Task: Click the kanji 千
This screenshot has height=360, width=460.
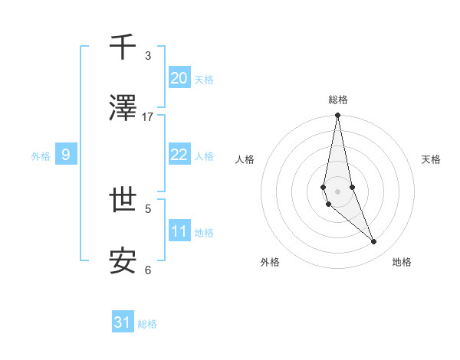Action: click(x=123, y=47)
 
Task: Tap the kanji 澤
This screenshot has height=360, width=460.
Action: click(x=123, y=109)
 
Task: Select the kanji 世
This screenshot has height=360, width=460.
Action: click(x=123, y=201)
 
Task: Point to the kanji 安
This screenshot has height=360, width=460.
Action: click(x=123, y=262)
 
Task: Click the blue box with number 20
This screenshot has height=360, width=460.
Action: click(x=179, y=77)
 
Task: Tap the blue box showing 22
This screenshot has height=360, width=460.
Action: click(x=179, y=155)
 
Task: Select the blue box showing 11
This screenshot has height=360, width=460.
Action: click(x=179, y=231)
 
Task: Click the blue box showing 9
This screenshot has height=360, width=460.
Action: click(x=66, y=155)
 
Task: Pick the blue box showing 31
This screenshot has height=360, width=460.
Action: click(x=123, y=322)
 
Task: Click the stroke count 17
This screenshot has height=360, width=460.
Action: click(x=148, y=117)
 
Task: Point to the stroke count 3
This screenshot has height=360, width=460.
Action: click(x=148, y=56)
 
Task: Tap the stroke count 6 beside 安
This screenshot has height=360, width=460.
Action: click(x=148, y=270)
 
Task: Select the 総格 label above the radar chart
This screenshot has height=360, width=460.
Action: click(x=338, y=100)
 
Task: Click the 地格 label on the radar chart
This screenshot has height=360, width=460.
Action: click(x=402, y=263)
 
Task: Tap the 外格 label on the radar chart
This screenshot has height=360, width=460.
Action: click(x=270, y=263)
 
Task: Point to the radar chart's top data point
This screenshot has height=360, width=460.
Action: click(x=338, y=116)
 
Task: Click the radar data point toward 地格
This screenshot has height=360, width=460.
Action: click(x=374, y=242)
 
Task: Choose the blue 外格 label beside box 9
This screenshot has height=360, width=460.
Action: click(x=41, y=155)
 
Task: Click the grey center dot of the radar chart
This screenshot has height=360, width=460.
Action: click(x=338, y=191)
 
